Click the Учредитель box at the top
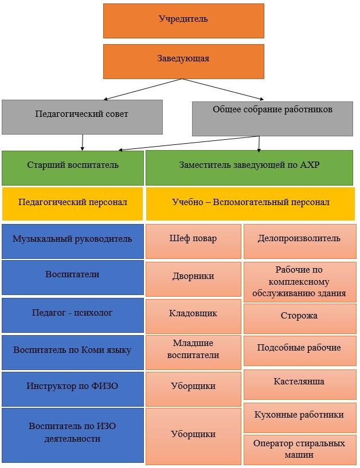tap(183, 21)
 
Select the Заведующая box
tap(183, 61)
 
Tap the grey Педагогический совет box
tap(82, 117)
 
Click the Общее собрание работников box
tap(272, 119)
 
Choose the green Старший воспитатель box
tap(73, 168)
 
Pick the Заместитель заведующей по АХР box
tap(249, 168)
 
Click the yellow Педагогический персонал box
tap(73, 204)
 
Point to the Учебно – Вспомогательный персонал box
tap(251, 204)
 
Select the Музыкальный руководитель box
tap(73, 242)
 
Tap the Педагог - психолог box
tap(73, 315)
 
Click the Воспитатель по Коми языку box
tap(73, 352)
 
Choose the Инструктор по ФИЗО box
tap(73, 389)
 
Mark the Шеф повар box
tap(193, 242)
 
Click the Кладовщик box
tap(193, 316)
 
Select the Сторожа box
tap(300, 318)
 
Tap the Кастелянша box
tap(300, 384)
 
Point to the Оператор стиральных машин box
tap(300, 450)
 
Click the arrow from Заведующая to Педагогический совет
tap(143, 89)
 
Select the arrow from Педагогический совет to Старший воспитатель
tap(83, 143)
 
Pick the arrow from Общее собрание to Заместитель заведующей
tap(259, 144)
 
